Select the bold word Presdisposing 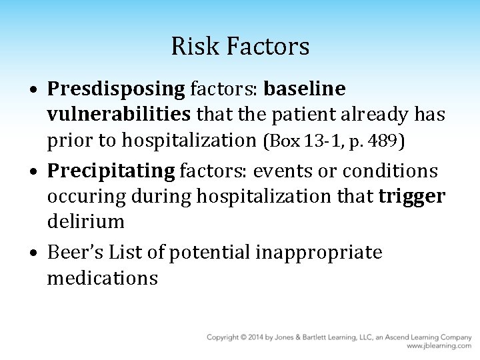click(118, 89)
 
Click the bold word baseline click(305, 89)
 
